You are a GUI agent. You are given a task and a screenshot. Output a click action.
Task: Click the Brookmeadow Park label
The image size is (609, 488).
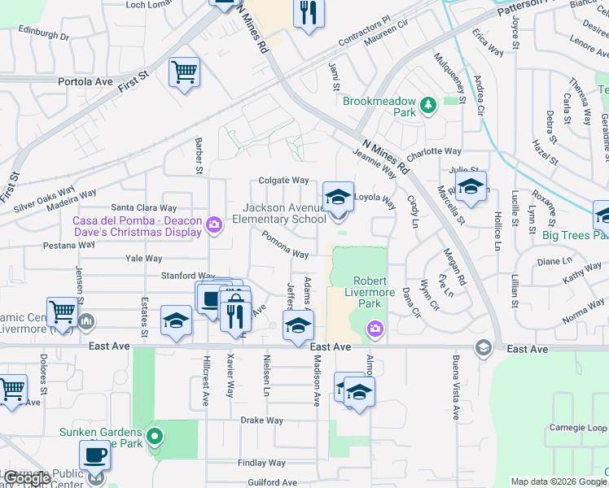point(379,102)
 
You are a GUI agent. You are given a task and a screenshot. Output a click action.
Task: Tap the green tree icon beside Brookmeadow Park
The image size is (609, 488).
point(427,103)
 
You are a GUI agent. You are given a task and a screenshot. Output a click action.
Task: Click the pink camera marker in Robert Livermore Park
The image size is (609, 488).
point(375,329)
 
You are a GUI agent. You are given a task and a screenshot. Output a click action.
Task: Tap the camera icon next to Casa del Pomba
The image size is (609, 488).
point(214,224)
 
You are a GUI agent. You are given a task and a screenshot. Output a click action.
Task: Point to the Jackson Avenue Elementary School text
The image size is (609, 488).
point(279,214)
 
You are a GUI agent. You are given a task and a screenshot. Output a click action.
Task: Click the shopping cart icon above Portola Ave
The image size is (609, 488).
point(184,72)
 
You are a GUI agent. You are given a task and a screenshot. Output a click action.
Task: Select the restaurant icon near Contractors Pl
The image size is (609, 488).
point(309,13)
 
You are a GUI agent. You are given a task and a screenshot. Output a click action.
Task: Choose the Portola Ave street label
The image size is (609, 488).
point(85,82)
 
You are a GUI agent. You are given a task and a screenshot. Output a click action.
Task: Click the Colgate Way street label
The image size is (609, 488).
point(283,181)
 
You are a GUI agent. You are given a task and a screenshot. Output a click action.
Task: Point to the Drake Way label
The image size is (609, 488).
point(261,420)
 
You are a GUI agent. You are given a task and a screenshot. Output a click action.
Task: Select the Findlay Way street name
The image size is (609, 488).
point(261,462)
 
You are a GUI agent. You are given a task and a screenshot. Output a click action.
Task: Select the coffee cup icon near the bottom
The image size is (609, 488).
point(94,455)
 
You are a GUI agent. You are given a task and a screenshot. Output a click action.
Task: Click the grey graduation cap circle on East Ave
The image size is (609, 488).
point(484,348)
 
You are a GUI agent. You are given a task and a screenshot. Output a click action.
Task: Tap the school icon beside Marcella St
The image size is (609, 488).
point(470,187)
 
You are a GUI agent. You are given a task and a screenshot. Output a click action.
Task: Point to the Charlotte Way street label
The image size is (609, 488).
point(434,151)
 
